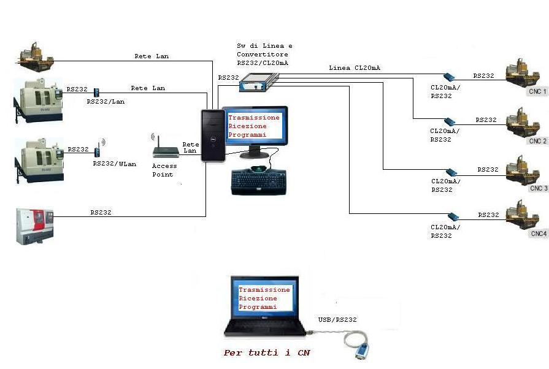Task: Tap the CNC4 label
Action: tap(538, 234)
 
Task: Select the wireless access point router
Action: tap(164, 147)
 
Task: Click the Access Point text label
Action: tap(164, 170)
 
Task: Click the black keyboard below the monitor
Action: tap(258, 181)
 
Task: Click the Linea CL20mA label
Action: tap(354, 67)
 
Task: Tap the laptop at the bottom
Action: tap(264, 310)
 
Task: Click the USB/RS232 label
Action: tap(337, 319)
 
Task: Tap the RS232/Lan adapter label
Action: tap(106, 101)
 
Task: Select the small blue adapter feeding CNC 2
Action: tap(449, 121)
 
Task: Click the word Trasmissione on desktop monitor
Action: tap(254, 117)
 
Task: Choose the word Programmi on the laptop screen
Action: tap(258, 306)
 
